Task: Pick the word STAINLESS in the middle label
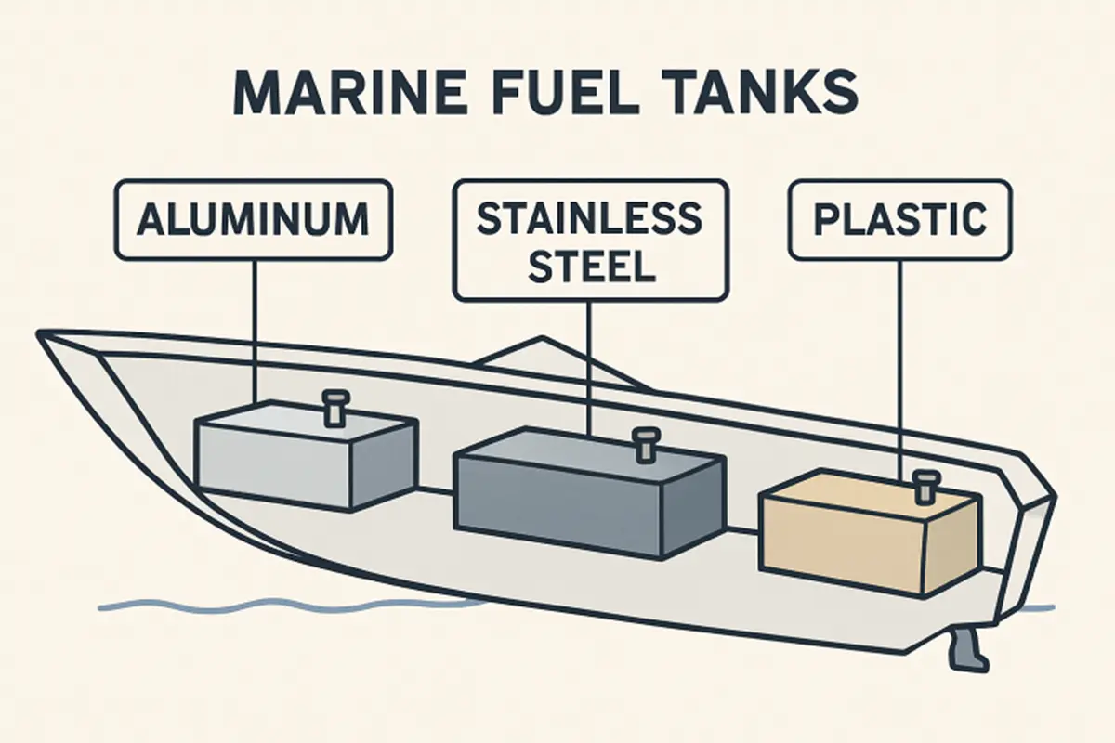pyautogui.click(x=589, y=218)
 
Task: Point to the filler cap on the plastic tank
pyautogui.click(x=923, y=484)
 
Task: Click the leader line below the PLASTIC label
pyautogui.click(x=899, y=371)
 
